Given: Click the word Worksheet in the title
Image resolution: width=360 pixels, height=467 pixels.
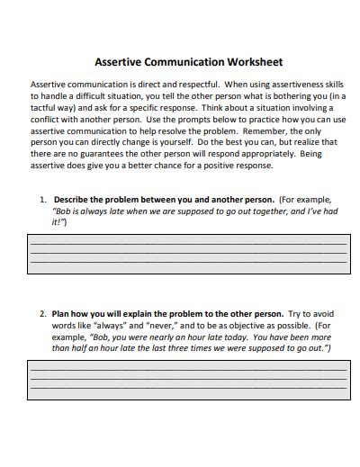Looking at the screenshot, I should [x=256, y=63].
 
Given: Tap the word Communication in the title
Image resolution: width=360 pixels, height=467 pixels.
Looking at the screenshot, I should [x=186, y=63].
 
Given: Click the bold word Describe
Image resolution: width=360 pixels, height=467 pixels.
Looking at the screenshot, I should [x=75, y=200].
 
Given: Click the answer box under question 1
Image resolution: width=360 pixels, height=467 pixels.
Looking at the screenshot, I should [x=188, y=254].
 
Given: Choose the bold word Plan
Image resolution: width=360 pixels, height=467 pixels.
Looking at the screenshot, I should [x=64, y=314].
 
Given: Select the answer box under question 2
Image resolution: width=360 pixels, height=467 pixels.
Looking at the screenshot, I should [x=188, y=380].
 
